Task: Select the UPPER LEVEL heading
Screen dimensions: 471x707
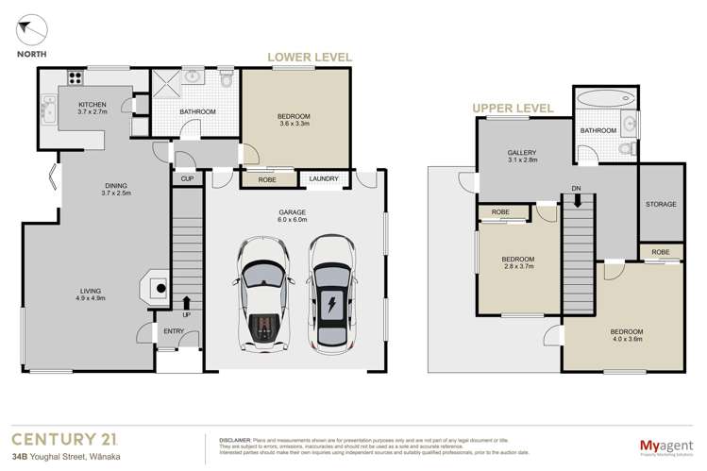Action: (x=514, y=108)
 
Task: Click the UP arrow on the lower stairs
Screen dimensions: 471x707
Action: (x=186, y=306)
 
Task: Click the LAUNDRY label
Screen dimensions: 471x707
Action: (x=323, y=177)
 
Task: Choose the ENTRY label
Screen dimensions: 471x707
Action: (x=174, y=331)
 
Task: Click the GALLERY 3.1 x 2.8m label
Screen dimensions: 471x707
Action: (x=521, y=156)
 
